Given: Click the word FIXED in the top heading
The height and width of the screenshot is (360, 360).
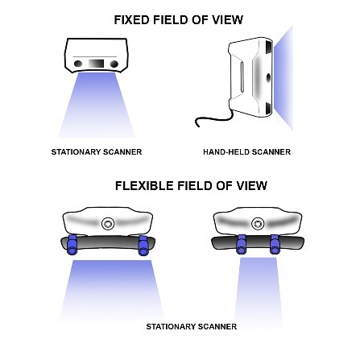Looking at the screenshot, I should coord(130,19).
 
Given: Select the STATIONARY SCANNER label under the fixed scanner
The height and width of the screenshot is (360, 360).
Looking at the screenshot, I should coord(97,151).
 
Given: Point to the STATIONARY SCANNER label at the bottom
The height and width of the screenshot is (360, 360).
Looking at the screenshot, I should coord(191,326).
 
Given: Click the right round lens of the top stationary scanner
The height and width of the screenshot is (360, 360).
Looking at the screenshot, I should coord(115,62).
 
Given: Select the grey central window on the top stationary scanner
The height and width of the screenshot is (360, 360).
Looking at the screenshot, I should coord(96,62).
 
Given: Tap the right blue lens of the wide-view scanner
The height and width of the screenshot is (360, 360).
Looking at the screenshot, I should coord(144,245).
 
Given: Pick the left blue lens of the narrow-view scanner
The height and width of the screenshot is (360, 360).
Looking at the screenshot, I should coord(240,244).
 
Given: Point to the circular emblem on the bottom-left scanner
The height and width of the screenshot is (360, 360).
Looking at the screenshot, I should coord(110,222).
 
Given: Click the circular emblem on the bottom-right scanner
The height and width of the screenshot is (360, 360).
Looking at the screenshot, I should coord(258,223).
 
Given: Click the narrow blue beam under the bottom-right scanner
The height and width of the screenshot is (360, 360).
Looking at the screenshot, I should coord(258,290).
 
